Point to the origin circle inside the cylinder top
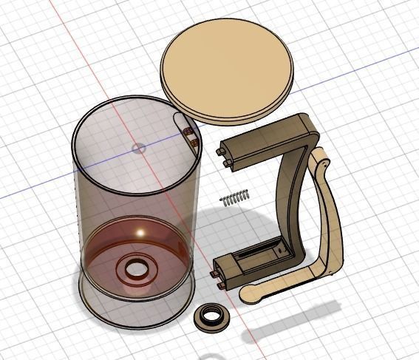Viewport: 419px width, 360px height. click(x=138, y=148)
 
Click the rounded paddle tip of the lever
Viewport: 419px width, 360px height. click(x=251, y=296)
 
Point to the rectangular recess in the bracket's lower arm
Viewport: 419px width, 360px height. click(x=259, y=255)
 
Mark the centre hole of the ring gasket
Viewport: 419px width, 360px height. click(x=211, y=317)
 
